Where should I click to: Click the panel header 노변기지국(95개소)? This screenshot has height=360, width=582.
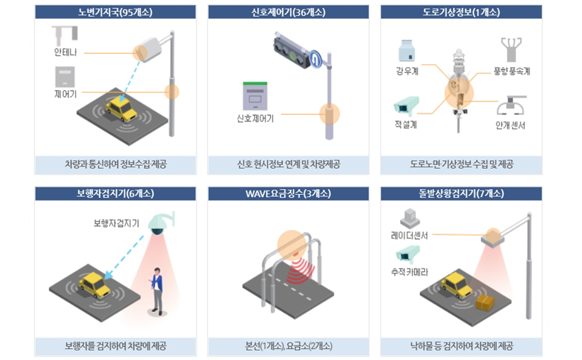tap(115, 12)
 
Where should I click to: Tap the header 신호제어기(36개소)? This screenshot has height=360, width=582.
tap(288, 12)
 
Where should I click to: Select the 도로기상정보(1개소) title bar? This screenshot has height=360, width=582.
tap(461, 12)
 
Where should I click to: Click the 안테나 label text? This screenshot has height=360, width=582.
tap(65, 52)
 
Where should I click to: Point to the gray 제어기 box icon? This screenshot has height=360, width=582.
tap(65, 77)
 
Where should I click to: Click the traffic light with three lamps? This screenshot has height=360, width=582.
tap(292, 52)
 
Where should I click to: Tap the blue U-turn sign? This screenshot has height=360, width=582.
tap(316, 59)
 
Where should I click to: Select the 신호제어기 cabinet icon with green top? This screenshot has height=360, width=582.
tap(255, 96)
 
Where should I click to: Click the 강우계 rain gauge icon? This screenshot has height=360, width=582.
tap(407, 50)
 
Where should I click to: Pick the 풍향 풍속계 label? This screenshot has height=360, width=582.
tap(511, 71)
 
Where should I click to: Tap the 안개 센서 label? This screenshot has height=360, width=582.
tap(511, 125)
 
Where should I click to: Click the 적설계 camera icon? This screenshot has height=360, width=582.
tap(406, 105)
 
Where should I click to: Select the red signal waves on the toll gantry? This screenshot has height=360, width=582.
tap(301, 268)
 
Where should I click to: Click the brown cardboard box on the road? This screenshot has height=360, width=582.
tap(485, 303)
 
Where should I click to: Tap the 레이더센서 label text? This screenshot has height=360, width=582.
tap(410, 236)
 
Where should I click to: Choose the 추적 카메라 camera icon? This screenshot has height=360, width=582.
tap(408, 254)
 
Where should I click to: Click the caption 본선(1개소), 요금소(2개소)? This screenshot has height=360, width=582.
tap(288, 346)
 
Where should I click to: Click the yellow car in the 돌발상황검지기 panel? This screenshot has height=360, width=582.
tap(457, 284)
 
